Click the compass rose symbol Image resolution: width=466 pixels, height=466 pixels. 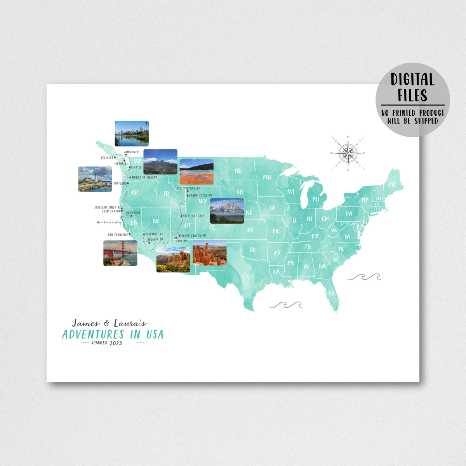coord(348,153)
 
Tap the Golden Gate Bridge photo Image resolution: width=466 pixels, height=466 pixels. coord(120,253)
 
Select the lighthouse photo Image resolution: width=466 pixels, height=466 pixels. coord(95,179)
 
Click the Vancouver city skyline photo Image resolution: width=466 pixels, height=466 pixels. coord(132,134)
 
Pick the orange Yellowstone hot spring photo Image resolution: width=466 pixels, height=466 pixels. coord(196,172)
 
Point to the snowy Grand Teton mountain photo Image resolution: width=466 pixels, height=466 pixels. coord(227,211)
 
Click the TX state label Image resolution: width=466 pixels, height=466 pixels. coord(246,276)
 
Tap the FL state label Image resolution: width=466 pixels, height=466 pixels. coord(332,293)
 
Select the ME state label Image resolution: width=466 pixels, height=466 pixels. coord(392,184)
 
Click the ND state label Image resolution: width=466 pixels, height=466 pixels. coord(238,171)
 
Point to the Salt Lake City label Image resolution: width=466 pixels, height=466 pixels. coord(193,216)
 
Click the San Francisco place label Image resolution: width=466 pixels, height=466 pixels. coord(118,235)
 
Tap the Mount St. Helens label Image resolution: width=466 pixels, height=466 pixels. coord(144,177)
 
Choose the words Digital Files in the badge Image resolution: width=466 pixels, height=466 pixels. coord(412,87)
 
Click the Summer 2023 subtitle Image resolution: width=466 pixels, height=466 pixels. coord(106,343)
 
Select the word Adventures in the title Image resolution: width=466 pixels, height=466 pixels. coord(93,334)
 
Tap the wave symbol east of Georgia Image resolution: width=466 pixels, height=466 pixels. coord(364,277)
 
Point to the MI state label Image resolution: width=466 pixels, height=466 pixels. coord(316,199)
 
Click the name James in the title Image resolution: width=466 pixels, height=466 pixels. coord(86,323)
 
